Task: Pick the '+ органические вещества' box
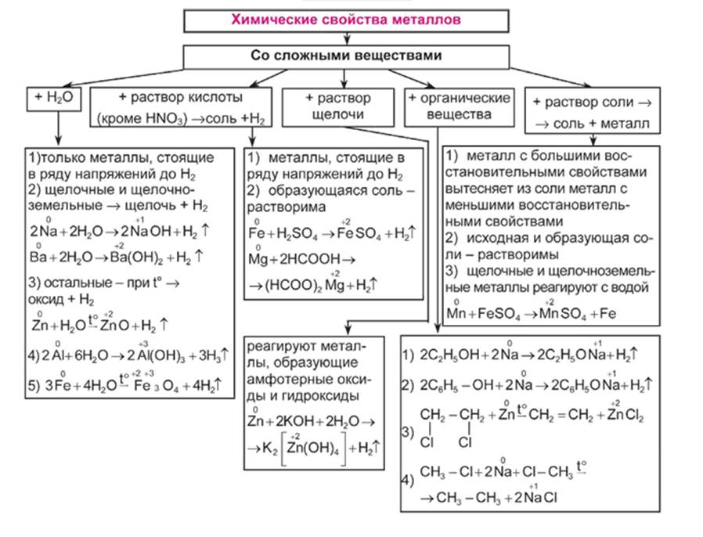point(460,106)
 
